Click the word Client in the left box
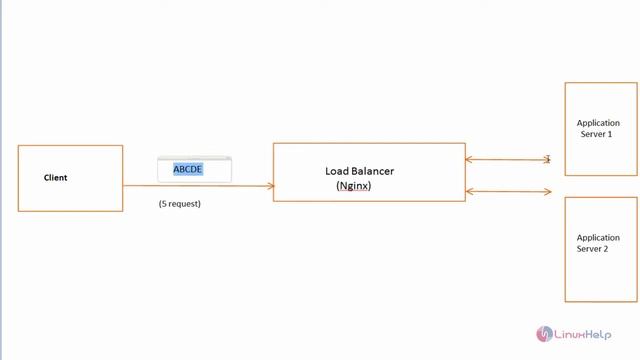tap(55, 178)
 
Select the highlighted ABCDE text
tap(188, 170)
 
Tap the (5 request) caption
tap(180, 204)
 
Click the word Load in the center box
tap(336, 171)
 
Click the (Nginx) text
tap(354, 186)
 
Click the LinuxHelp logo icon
tap(546, 333)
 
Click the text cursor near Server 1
tap(548, 159)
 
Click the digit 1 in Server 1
tap(609, 134)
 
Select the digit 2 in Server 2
tap(605, 249)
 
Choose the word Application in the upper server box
tap(599, 123)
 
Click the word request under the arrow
tap(184, 204)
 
